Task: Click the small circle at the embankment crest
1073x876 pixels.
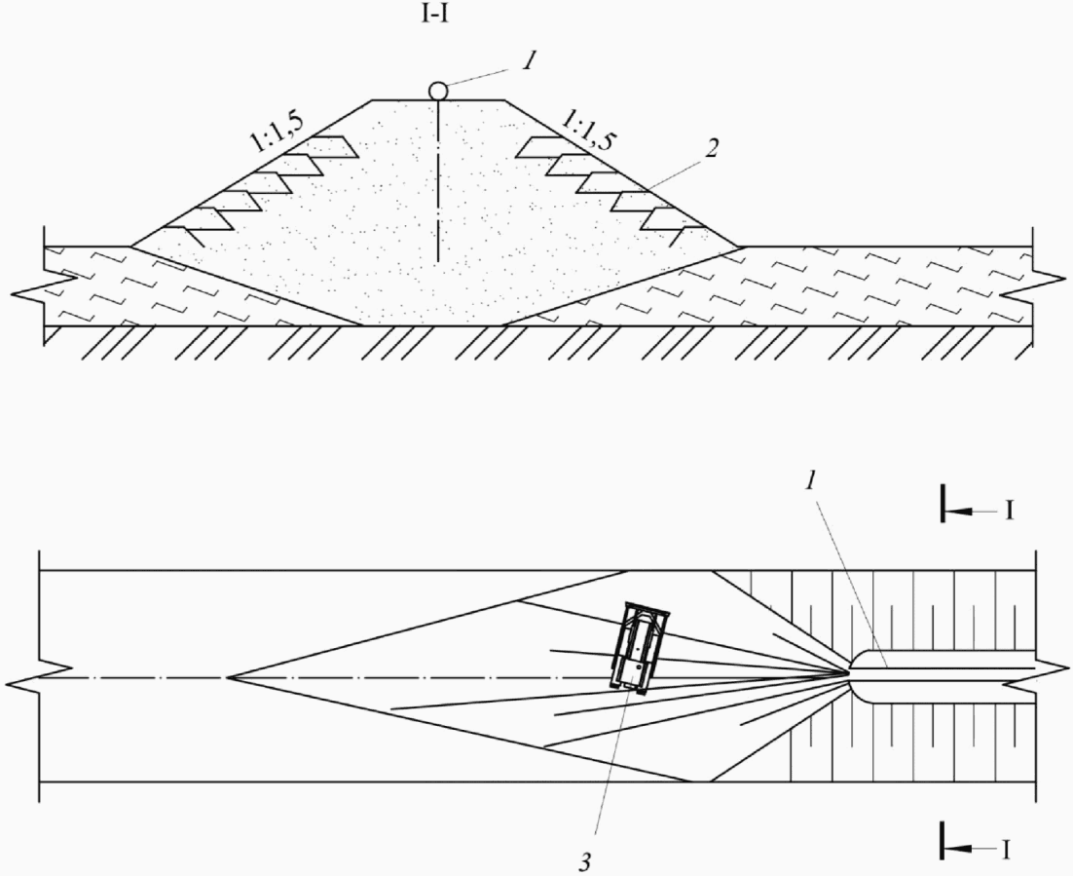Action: (x=438, y=91)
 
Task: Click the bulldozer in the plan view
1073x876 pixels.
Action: (x=640, y=647)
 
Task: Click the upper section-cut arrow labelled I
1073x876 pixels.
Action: (x=974, y=510)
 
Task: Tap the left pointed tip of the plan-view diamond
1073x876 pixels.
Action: (x=228, y=676)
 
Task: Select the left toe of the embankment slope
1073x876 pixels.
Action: (x=131, y=246)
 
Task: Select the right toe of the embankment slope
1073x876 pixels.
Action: (x=744, y=246)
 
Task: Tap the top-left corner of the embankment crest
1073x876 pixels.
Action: (x=372, y=99)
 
